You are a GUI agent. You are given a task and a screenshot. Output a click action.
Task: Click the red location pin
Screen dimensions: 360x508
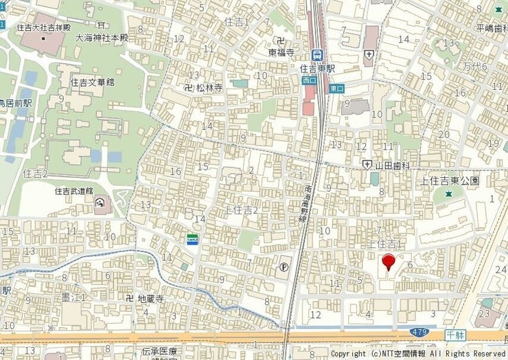point(389,262)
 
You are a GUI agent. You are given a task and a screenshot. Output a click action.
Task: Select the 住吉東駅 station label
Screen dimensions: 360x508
point(317,69)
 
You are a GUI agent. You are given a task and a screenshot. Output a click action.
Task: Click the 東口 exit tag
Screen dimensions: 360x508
point(336,89)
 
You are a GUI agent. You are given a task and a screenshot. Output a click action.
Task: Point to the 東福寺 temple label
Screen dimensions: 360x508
point(281,52)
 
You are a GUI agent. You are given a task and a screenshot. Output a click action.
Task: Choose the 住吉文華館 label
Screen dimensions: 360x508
point(92,82)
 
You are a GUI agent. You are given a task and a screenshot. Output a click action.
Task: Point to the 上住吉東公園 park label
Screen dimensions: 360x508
point(450,181)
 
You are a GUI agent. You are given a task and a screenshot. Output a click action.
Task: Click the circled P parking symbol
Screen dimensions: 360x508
point(284,267)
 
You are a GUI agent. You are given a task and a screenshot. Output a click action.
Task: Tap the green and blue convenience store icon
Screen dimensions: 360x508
point(193,238)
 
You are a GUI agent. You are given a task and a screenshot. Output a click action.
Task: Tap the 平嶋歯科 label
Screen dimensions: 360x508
point(492,28)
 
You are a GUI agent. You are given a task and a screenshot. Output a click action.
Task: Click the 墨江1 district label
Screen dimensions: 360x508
point(75,297)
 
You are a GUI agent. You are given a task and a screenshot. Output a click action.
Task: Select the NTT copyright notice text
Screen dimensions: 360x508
point(419,354)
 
